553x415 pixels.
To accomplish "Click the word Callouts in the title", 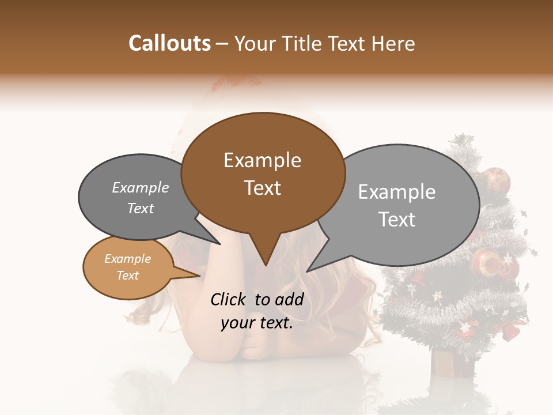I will (170, 43).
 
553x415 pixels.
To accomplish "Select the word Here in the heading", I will (392, 43).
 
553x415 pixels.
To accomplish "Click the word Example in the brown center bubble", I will (262, 160).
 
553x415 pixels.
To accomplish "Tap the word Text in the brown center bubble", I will (263, 188).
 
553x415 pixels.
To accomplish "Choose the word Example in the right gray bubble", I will (397, 192).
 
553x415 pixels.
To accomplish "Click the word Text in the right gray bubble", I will (397, 220).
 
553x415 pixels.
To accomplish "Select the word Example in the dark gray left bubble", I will (141, 187).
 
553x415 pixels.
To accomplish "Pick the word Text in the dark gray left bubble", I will (141, 209).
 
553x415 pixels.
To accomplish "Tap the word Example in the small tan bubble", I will (127, 259).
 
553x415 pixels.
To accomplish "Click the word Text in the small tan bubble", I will (127, 276).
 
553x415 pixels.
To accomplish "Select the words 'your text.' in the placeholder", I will (257, 323).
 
